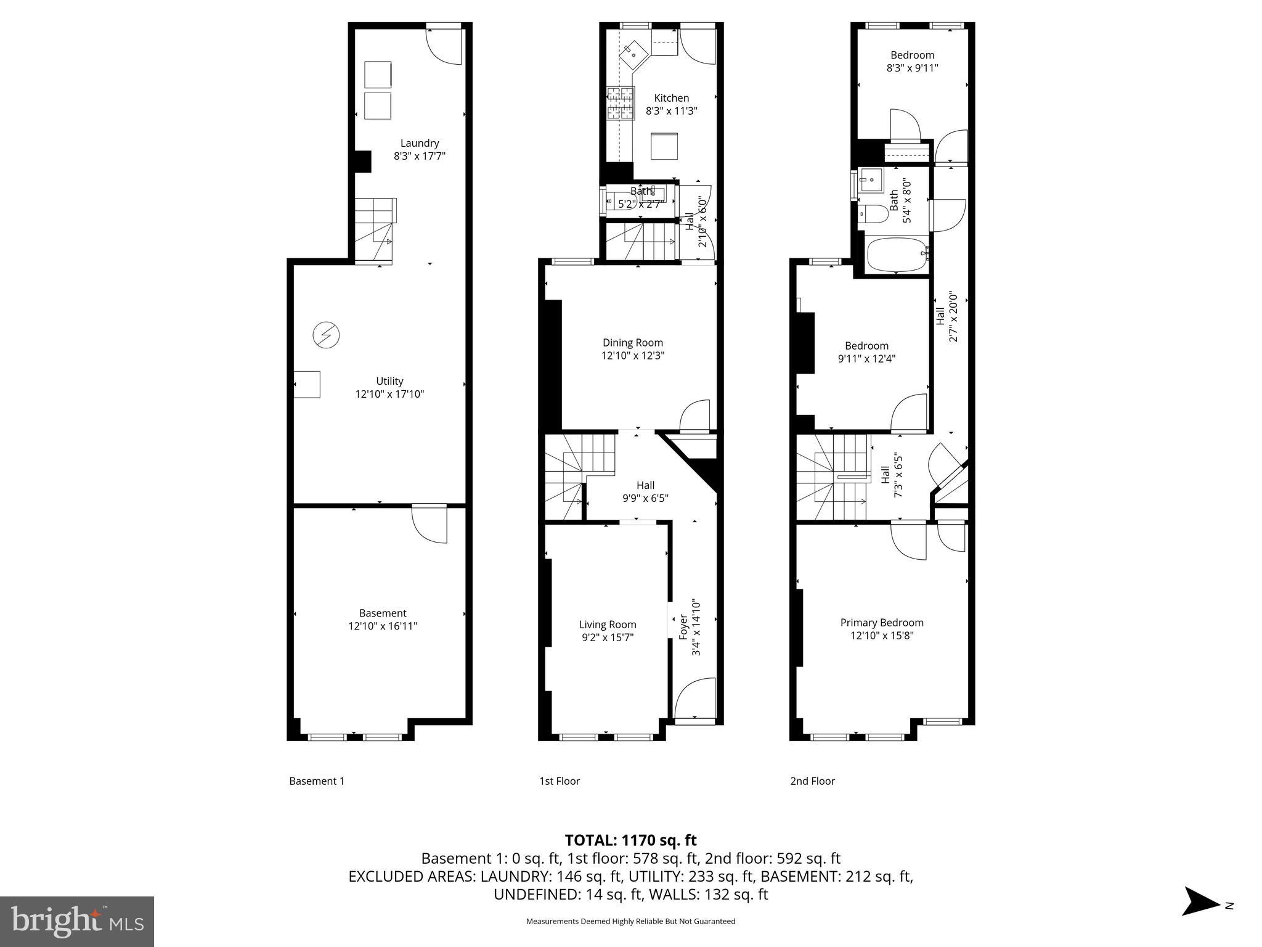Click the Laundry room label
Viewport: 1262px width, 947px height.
coord(419,143)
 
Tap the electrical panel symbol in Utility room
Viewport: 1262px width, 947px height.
coord(326,335)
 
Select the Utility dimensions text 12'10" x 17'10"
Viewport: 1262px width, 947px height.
coord(389,394)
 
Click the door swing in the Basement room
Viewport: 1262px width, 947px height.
coord(429,525)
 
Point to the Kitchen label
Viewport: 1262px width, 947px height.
coord(671,98)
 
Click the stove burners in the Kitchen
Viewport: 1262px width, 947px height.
coord(621,103)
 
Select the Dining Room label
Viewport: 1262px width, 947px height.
coord(632,343)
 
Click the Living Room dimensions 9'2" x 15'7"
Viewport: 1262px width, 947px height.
coord(608,637)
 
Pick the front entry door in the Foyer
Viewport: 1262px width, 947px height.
coord(695,700)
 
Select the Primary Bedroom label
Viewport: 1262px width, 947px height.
coord(881,623)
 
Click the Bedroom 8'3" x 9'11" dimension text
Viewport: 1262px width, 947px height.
coord(912,68)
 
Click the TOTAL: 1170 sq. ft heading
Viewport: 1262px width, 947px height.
coord(630,840)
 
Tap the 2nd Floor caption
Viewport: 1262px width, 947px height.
coord(812,781)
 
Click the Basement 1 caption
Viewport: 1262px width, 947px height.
coord(317,781)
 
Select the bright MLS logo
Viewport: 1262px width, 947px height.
coord(76,922)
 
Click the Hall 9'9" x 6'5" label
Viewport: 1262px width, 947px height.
coord(645,491)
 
